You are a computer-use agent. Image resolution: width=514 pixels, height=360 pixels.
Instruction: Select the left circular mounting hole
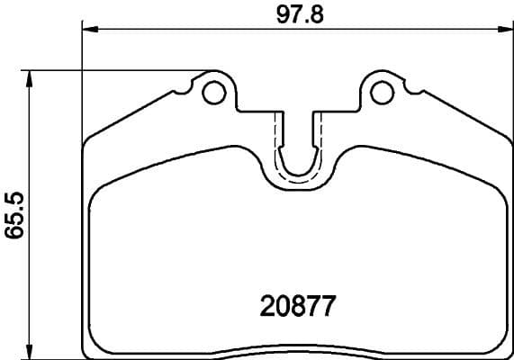(213, 91)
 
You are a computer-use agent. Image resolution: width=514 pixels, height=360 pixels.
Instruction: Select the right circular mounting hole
(382, 91)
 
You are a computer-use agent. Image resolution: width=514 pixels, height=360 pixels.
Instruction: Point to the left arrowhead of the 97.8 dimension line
(90, 30)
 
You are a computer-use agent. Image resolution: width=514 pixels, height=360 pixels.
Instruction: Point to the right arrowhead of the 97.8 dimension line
(504, 30)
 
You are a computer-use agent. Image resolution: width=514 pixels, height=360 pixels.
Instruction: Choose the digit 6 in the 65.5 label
(14, 236)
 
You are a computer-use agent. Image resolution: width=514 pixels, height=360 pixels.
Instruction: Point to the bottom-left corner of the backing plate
(86, 349)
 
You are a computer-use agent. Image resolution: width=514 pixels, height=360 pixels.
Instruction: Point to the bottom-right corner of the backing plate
(509, 349)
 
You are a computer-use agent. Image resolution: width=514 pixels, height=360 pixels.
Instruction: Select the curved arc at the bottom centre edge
(297, 346)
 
